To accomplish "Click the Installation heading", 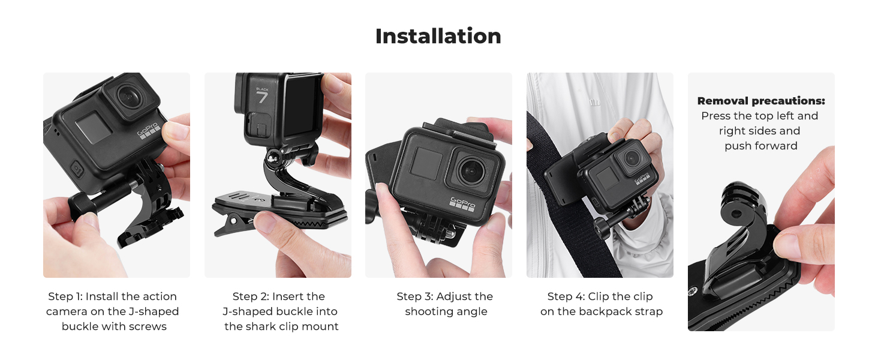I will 438,37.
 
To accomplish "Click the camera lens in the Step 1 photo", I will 128,95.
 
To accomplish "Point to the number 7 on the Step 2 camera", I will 262,97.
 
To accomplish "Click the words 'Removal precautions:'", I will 761,101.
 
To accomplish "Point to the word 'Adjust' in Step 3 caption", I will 455,296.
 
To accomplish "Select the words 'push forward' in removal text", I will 760,146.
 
